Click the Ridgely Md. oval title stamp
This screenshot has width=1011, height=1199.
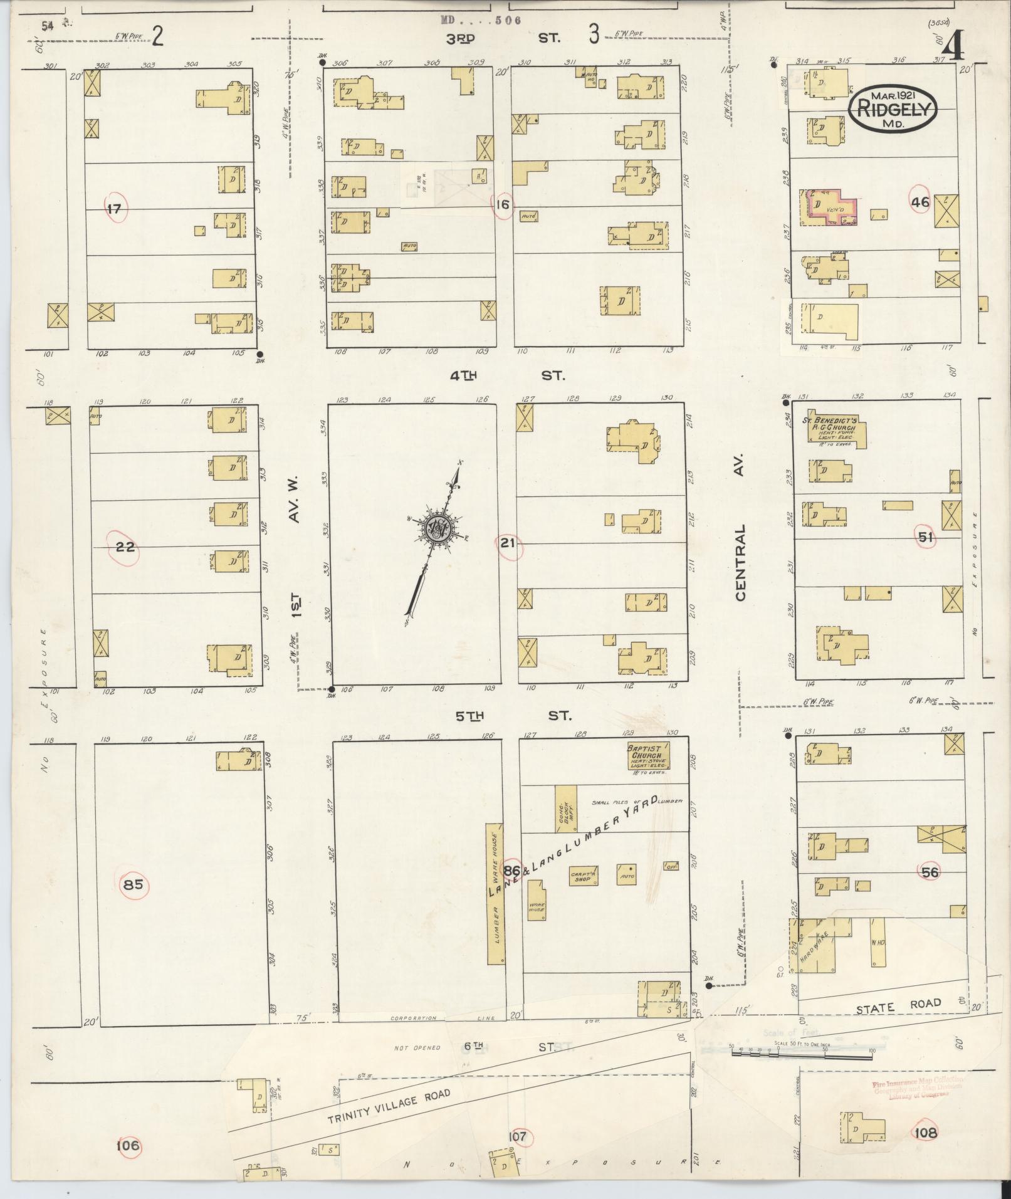[893, 109]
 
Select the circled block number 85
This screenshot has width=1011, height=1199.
[134, 885]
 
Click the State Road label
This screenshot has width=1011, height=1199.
[898, 1005]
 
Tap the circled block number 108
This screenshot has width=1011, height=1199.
[925, 1133]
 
